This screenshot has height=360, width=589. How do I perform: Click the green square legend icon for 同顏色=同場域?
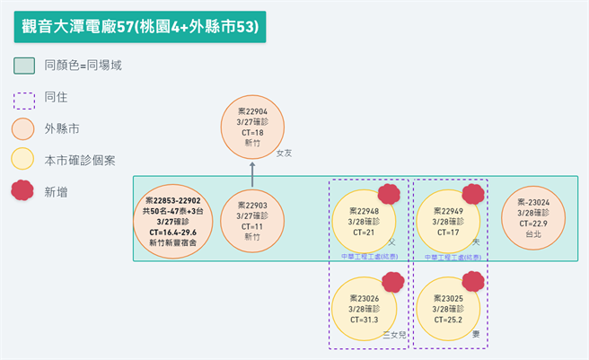25,66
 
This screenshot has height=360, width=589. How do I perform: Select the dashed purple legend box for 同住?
25,97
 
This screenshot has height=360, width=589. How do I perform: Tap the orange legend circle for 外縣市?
25,128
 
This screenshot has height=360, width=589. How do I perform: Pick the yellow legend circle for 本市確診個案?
25,160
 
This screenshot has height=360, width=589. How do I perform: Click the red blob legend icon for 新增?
25,192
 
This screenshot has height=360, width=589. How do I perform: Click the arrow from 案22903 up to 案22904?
252,175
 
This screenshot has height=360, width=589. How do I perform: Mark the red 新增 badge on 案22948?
389,195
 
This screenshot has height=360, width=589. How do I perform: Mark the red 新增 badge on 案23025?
473,282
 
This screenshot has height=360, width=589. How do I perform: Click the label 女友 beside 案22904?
285,154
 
